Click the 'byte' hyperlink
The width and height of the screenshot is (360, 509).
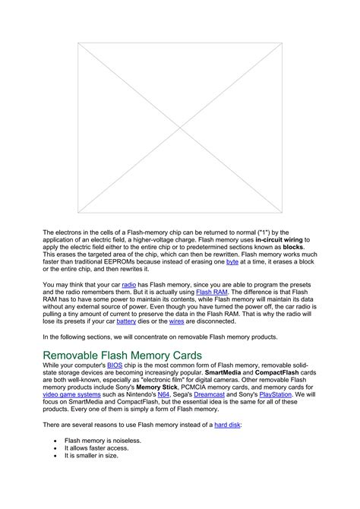(x=232, y=261)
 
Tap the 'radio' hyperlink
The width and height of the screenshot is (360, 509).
(x=129, y=283)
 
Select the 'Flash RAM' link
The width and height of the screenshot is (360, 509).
(x=211, y=291)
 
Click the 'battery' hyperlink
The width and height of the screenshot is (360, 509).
(x=126, y=321)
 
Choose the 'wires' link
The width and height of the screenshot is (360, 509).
(x=176, y=321)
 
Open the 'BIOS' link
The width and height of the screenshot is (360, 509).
(x=115, y=365)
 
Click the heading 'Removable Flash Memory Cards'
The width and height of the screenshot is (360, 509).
(x=122, y=354)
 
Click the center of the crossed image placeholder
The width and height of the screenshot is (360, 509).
(x=179, y=127)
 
